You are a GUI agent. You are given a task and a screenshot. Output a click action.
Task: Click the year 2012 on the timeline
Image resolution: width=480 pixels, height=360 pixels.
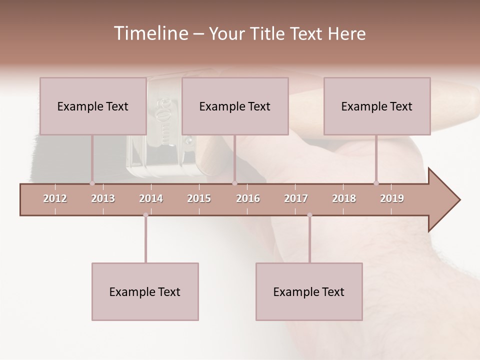coord(55,198)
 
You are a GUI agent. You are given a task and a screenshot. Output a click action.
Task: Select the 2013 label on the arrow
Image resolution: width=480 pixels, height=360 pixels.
coord(103,198)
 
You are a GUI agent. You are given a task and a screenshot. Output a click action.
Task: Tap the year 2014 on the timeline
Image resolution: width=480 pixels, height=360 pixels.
coord(151,198)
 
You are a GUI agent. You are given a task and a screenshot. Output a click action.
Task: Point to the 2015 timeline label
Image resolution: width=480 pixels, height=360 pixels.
coord(199,198)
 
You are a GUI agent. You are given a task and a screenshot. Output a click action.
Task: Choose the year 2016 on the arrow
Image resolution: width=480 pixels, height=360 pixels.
coord(248,198)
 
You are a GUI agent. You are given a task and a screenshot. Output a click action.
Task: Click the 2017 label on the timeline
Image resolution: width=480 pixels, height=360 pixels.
coord(296,198)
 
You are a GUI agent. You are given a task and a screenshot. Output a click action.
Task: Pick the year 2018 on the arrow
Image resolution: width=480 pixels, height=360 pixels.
coord(344,198)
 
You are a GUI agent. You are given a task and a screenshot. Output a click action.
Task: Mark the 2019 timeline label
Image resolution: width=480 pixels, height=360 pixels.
coord(392,198)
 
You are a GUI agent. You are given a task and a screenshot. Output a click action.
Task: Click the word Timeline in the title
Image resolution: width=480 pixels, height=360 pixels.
coord(149,33)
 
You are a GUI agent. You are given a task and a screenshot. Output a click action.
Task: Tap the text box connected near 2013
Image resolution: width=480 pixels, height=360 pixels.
coord(93,106)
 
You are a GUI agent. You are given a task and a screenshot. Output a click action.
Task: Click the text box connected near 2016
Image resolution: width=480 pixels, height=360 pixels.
coord(235,106)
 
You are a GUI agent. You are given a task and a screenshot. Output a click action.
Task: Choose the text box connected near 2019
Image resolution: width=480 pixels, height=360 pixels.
coord(377,106)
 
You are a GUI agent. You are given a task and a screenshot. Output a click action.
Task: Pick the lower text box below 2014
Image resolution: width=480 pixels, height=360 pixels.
coord(145,291)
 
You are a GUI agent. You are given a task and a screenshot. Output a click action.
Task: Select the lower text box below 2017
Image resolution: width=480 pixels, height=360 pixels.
coord(309,291)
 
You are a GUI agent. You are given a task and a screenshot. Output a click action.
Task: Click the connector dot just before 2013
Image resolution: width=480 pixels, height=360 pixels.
coord(92,183)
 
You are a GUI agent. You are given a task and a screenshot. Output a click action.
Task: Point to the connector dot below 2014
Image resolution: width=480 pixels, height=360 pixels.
coord(145,215)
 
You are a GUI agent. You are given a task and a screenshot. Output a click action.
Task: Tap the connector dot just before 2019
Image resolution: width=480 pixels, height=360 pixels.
coord(376,183)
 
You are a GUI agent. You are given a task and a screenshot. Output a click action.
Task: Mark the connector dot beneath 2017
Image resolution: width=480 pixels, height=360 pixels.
coord(309,215)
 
